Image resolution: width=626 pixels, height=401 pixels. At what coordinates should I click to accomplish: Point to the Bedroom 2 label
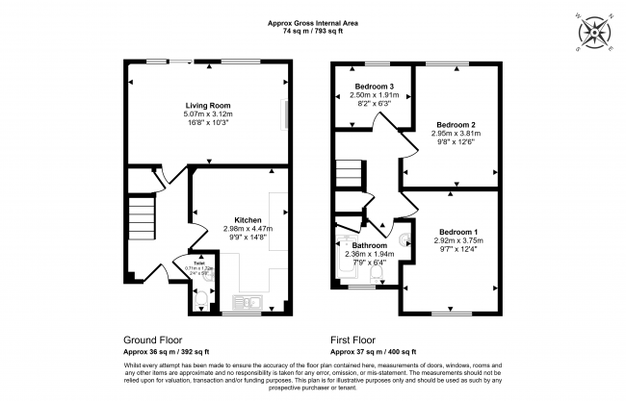(x=456, y=125)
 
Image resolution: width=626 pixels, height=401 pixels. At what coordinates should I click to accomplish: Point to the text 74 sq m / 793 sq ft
(x=313, y=32)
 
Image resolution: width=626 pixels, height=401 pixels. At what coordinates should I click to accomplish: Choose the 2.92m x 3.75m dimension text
(x=457, y=242)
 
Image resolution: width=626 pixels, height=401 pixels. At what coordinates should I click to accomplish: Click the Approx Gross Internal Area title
(x=313, y=23)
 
